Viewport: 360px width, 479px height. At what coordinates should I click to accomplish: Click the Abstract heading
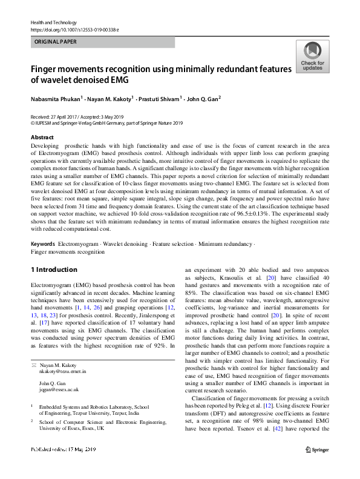[x=42, y=138]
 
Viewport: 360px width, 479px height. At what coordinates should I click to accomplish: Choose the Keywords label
[x=43, y=244]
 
